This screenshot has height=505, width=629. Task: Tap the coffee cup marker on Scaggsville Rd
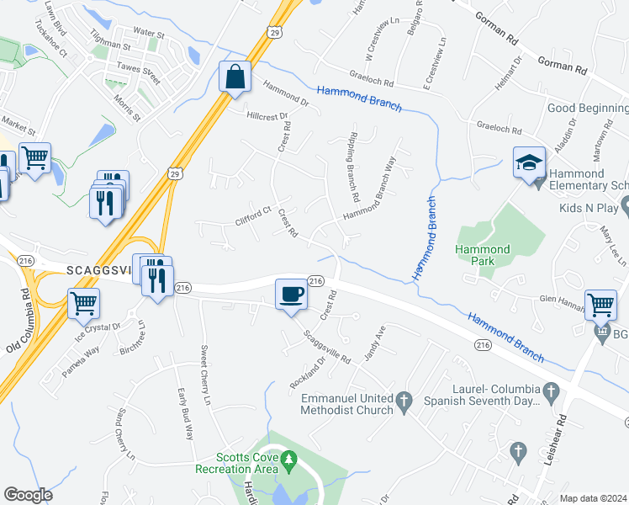(x=291, y=295)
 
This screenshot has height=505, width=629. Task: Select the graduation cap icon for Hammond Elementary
(x=529, y=162)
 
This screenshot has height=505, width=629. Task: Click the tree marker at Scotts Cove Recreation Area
(x=290, y=459)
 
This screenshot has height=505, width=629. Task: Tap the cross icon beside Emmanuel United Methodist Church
(x=404, y=399)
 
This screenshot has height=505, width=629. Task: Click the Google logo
(x=29, y=495)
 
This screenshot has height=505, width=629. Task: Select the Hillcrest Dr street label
(x=267, y=117)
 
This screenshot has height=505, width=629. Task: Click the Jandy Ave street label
(x=374, y=344)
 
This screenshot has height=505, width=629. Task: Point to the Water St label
(x=148, y=33)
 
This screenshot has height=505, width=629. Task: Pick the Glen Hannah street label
(x=561, y=298)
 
